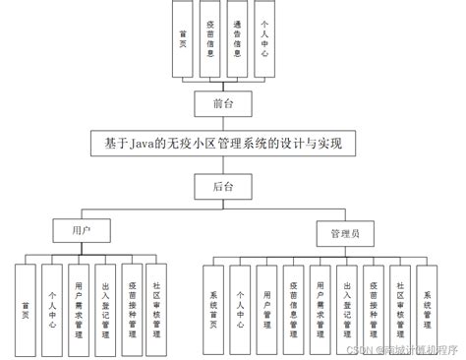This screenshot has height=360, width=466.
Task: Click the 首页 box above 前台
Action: point(183,40)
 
